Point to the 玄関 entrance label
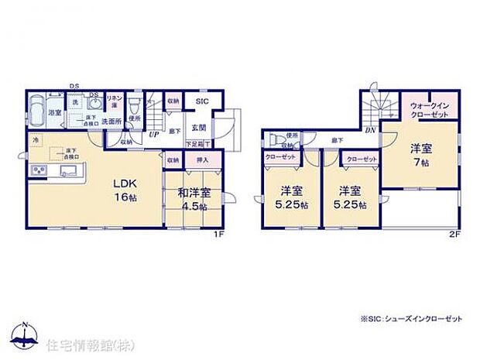pyautogui.click(x=198, y=128)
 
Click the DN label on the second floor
pyautogui.click(x=371, y=130)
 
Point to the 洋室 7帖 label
pyautogui.click(x=420, y=153)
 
